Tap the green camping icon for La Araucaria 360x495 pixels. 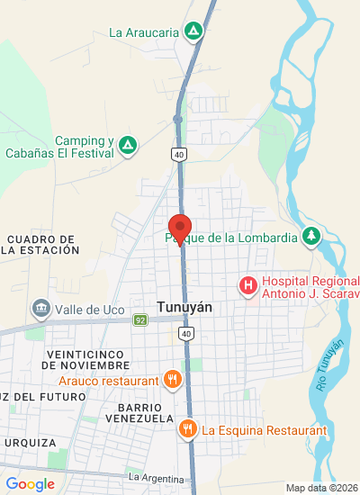pyautogui.click(x=193, y=31)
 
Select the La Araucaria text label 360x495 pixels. pyautogui.click(x=143, y=32)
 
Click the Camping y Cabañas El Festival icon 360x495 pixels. pyautogui.click(x=129, y=145)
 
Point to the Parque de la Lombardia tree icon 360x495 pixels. pyautogui.click(x=311, y=237)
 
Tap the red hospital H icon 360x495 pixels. pyautogui.click(x=247, y=286)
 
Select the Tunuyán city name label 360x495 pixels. pyautogui.click(x=184, y=306)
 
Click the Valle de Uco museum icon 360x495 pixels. pyautogui.click(x=40, y=310)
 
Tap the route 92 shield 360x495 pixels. pyautogui.click(x=139, y=319)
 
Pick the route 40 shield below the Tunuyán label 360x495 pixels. pyautogui.click(x=185, y=334)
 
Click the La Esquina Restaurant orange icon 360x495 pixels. pyautogui.click(x=187, y=429)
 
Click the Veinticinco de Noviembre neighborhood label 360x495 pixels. pyautogui.click(x=85, y=359)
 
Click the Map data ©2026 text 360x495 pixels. pyautogui.click(x=320, y=488)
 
